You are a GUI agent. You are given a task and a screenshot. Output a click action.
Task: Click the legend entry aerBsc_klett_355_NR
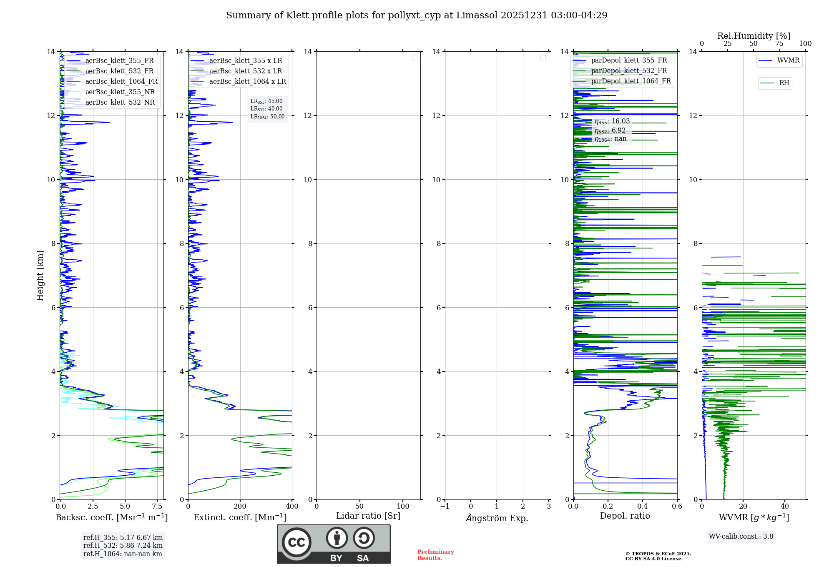point(120,92)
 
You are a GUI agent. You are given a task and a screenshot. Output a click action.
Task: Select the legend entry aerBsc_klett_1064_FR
point(121,82)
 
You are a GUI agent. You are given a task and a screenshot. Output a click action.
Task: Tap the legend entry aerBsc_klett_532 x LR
point(245,71)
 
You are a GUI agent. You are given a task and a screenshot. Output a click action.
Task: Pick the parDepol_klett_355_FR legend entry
point(629,60)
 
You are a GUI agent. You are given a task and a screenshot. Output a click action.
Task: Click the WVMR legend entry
point(788,60)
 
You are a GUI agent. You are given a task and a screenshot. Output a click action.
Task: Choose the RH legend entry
point(784,83)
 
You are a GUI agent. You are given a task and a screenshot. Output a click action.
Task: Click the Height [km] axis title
point(40,276)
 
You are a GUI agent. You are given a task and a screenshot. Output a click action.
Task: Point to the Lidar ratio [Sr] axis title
point(368,516)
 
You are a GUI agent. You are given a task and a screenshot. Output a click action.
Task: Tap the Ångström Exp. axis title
point(497,518)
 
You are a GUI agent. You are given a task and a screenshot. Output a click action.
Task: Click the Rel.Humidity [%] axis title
point(754,36)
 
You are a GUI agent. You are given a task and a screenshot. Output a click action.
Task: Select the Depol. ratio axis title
point(625,516)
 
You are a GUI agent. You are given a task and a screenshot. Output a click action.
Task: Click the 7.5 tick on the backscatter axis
point(157,507)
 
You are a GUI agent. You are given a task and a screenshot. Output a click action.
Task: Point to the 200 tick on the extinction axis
point(240,507)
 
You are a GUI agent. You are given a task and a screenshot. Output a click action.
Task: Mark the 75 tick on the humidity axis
point(779,44)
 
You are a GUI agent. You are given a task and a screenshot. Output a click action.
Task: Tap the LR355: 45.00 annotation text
point(266,101)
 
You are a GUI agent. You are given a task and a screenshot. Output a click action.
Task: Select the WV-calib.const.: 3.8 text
point(741,537)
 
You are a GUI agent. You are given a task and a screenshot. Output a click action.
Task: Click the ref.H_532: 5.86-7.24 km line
point(123,546)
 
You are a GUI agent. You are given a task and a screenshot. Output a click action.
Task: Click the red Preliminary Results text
point(435,555)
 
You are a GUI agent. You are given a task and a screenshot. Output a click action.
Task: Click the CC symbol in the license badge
point(296,542)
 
